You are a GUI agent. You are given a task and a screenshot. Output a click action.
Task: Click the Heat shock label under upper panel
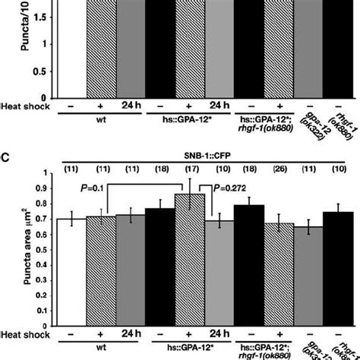pyautogui.click(x=26, y=106)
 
